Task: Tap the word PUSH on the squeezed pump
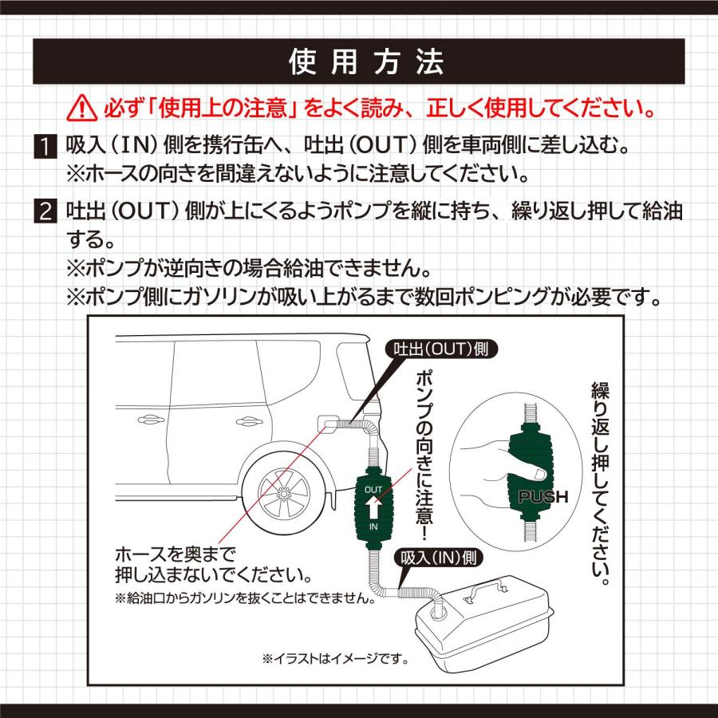pyautogui.click(x=542, y=497)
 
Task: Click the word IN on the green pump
pyautogui.click(x=373, y=528)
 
